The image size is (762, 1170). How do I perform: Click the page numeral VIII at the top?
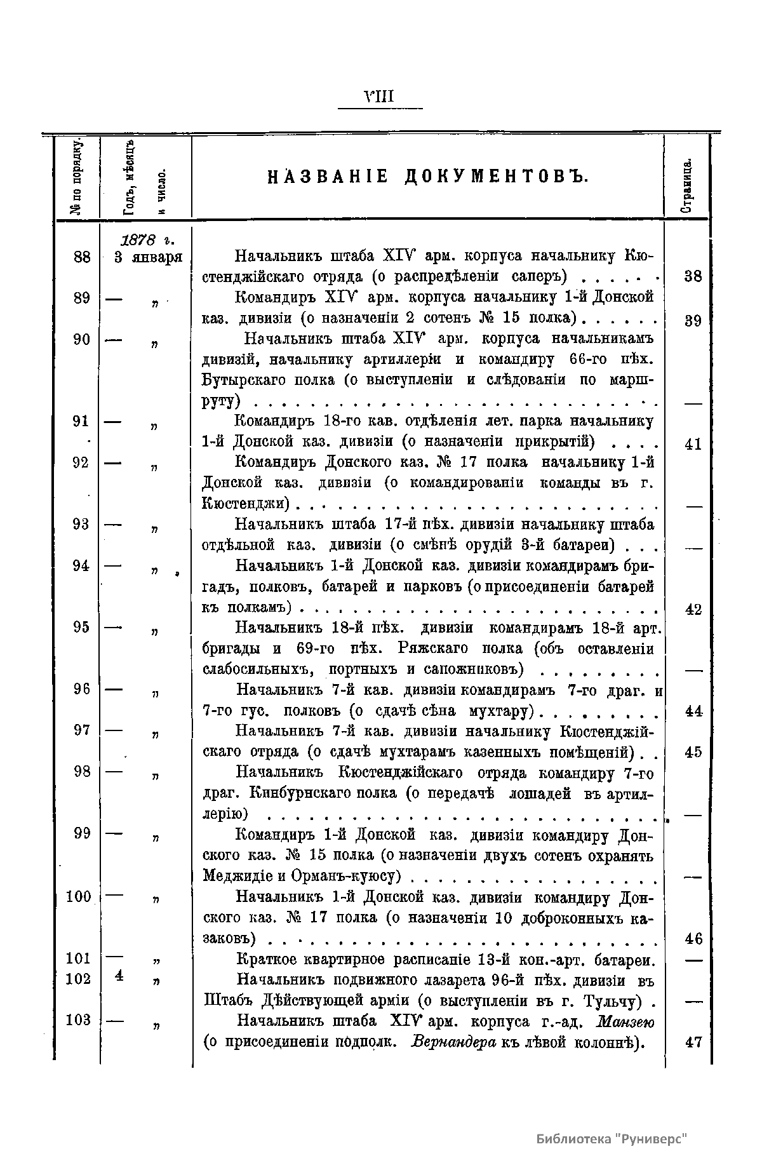tap(380, 97)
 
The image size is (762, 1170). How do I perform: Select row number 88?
tap(82, 257)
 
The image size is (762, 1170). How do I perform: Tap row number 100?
tap(79, 897)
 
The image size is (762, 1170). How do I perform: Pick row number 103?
tap(79, 1019)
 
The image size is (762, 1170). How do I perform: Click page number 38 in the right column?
tap(693, 276)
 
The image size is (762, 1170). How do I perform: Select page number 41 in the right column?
tap(693, 444)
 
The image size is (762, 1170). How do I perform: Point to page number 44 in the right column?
tap(693, 711)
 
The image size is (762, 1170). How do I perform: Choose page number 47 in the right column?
tap(693, 1042)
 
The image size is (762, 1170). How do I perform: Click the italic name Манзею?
tap(625, 1021)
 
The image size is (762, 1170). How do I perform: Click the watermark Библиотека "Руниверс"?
tap(612, 1138)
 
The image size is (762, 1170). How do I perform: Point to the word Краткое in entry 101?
tap(266, 959)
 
